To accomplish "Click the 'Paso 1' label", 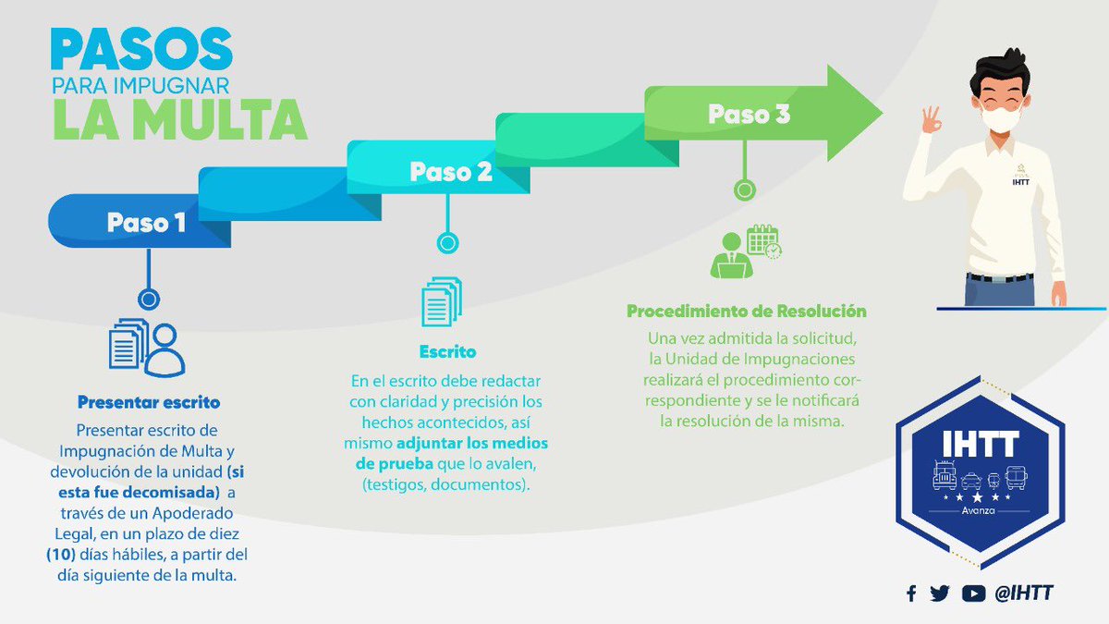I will [146, 223].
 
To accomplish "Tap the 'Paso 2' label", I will [451, 172].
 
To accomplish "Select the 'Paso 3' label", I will [749, 116].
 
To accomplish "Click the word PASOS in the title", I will [141, 49].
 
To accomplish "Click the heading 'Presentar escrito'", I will [148, 403].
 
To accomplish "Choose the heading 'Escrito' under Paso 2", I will [447, 352].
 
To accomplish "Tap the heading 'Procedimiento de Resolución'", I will [747, 311].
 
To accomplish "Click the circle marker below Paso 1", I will [148, 299].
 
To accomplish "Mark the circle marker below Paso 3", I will [744, 190].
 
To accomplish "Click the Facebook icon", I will [911, 593].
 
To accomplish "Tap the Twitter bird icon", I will [940, 593].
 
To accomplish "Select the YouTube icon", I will [973, 593].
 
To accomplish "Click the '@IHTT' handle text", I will [1024, 593].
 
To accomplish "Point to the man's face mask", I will [1005, 118].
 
